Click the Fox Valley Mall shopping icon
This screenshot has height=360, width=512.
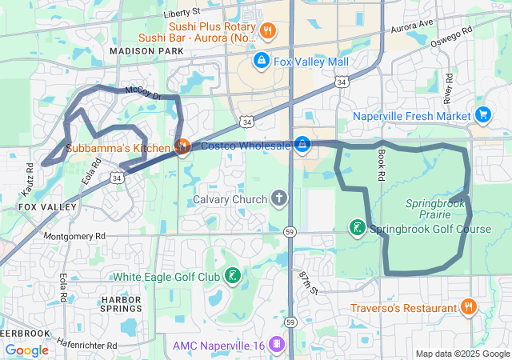coord(261,60)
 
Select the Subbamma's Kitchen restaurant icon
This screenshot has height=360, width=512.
coord(182,147)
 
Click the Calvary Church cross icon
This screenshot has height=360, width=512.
coord(279,198)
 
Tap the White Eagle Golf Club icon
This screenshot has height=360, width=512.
coord(232,277)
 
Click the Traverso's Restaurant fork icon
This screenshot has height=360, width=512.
coord(468,307)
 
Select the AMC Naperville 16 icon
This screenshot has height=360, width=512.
coord(276,345)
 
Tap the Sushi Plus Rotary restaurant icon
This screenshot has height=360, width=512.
coord(267,31)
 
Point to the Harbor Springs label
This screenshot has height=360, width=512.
coord(121,305)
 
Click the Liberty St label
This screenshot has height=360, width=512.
coord(181,13)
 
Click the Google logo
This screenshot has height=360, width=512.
coord(26,350)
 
